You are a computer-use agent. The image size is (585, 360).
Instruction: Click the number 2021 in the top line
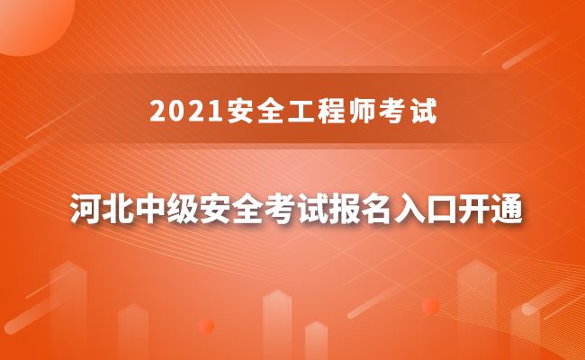coord(178,112)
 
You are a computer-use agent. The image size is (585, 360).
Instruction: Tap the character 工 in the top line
coord(276,112)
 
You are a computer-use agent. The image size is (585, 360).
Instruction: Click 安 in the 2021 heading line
coord(221,112)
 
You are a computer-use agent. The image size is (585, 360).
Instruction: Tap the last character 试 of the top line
coord(412,112)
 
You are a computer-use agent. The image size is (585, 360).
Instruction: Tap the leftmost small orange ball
coord(206,326)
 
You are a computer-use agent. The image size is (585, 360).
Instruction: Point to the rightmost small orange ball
coord(430,306)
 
